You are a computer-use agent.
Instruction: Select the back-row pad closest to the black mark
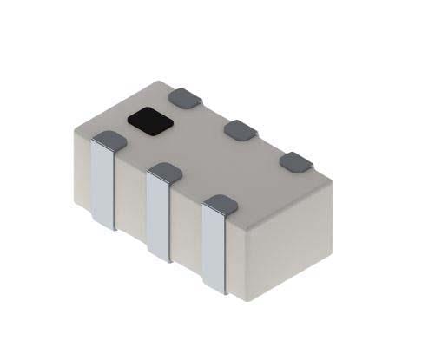coord(184,98)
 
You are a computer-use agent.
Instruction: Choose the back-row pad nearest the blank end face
coord(297,161)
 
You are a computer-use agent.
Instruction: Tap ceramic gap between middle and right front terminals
coord(188,230)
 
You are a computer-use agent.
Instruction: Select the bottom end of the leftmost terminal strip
coord(103,225)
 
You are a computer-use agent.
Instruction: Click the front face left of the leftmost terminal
coord(80,169)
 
